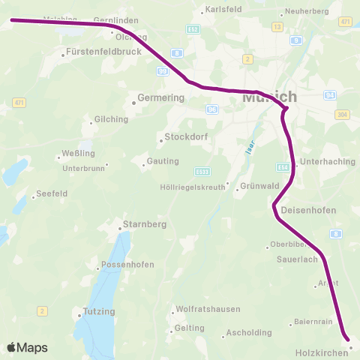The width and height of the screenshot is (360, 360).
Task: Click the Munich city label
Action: tap(269, 97)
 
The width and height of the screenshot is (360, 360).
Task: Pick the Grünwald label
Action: tap(259, 186)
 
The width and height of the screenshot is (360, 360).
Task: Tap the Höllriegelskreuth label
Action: tap(193, 187)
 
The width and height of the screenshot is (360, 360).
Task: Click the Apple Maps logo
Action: tap(27, 347)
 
